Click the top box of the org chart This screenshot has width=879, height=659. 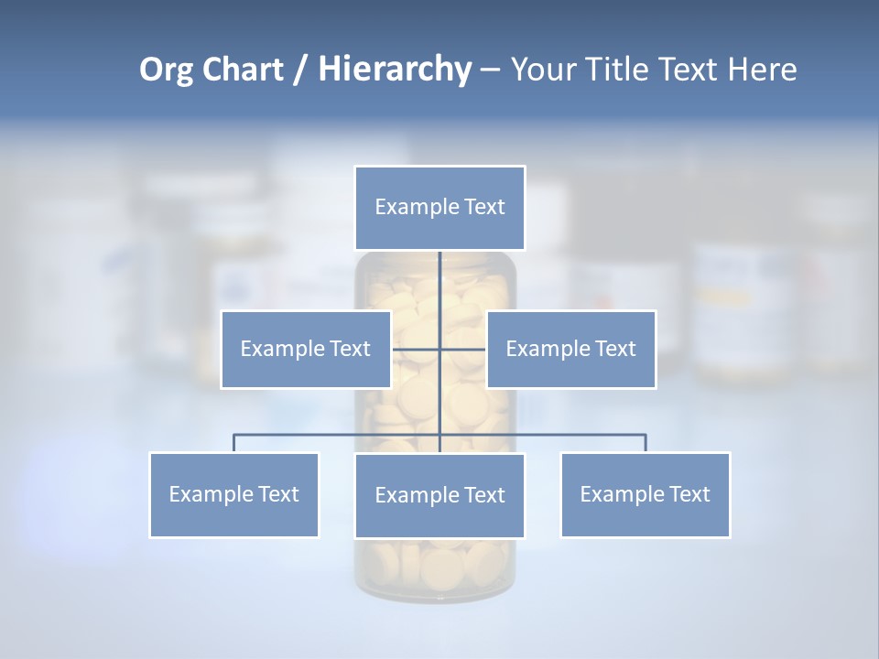[x=439, y=208]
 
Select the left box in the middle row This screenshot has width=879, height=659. [x=306, y=349]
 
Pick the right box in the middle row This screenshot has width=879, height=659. [x=570, y=349]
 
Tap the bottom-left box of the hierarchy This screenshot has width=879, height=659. [x=233, y=494]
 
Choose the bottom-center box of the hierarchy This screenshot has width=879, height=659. [x=439, y=495]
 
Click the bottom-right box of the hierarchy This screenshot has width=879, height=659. [x=645, y=494]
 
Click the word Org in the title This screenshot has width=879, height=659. [x=166, y=70]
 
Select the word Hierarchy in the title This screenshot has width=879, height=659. [x=395, y=70]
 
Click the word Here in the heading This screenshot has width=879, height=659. [x=763, y=70]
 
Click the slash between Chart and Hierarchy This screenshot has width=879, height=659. [x=301, y=70]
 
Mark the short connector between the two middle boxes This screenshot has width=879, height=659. [x=417, y=349]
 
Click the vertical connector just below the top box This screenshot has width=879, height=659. [x=439, y=275]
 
